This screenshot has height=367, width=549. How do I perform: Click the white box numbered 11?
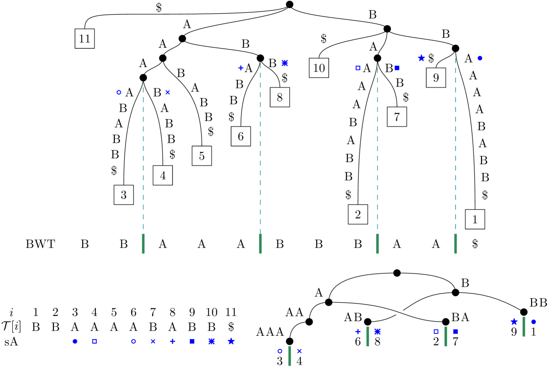coord(84,39)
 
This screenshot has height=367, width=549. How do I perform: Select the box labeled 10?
coord(319,68)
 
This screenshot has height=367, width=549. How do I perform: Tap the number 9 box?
coord(436,78)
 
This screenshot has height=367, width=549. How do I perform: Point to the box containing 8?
coord(279,97)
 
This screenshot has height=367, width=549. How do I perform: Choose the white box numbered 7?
coord(397,117)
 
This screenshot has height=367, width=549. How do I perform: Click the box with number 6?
coord(241,137)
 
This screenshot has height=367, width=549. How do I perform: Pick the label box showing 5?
coord(202,156)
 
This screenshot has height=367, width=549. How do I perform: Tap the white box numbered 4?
coord(162,176)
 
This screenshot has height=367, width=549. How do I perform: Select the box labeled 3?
coord(124,195)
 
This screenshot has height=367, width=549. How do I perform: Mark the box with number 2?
coord(358,214)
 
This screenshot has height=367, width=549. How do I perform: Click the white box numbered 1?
coord(474,219)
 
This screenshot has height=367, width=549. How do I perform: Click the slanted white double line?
coord(397,312)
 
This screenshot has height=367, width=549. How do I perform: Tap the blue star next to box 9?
coord(422,58)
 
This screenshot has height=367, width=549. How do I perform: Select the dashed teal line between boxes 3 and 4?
coord(143,161)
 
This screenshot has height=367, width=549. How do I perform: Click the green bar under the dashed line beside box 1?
coord(455,243)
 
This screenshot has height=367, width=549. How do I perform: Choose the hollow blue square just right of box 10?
coord(358,68)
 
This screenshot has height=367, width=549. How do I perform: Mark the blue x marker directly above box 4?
coord(168,92)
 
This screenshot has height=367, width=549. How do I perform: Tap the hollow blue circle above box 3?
coord(119,93)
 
